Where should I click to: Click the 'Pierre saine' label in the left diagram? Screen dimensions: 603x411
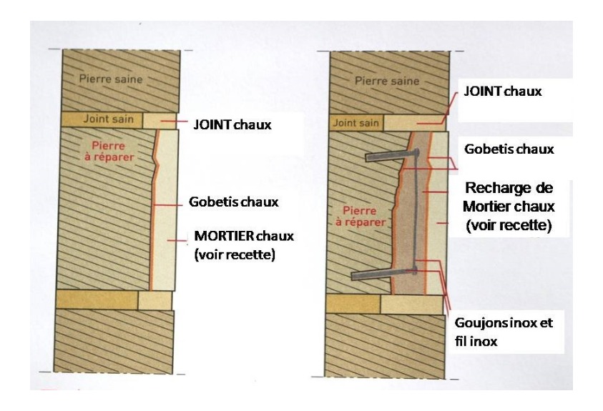tap(111, 79)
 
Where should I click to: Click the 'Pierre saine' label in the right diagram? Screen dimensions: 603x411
tap(387, 81)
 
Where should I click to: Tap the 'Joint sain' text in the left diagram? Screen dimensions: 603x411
tap(109, 119)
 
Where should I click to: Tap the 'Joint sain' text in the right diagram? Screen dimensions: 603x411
tap(356, 123)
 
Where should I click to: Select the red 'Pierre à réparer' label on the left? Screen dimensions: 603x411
tap(109, 152)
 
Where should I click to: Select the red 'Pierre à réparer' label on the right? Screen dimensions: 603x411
tap(361, 217)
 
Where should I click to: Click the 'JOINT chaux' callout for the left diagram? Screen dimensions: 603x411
tap(232, 124)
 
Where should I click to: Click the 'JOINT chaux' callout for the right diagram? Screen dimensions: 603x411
tap(503, 91)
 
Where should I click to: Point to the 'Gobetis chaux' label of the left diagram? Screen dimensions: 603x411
tap(233, 202)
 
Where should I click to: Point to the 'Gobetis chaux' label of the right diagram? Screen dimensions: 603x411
tap(509, 149)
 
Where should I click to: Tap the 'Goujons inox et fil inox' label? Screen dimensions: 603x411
tap(504, 332)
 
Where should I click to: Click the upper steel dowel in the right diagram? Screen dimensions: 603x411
tap(391, 155)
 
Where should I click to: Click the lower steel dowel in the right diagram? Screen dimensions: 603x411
tap(384, 273)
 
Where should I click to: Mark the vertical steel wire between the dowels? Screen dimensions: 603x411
tap(415, 212)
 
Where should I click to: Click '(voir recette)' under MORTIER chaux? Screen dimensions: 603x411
tap(235, 254)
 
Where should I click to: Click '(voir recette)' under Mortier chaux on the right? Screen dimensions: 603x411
tap(509, 225)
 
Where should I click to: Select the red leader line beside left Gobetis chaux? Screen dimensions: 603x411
tap(167, 205)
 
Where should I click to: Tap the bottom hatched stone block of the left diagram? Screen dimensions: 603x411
tap(114, 341)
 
